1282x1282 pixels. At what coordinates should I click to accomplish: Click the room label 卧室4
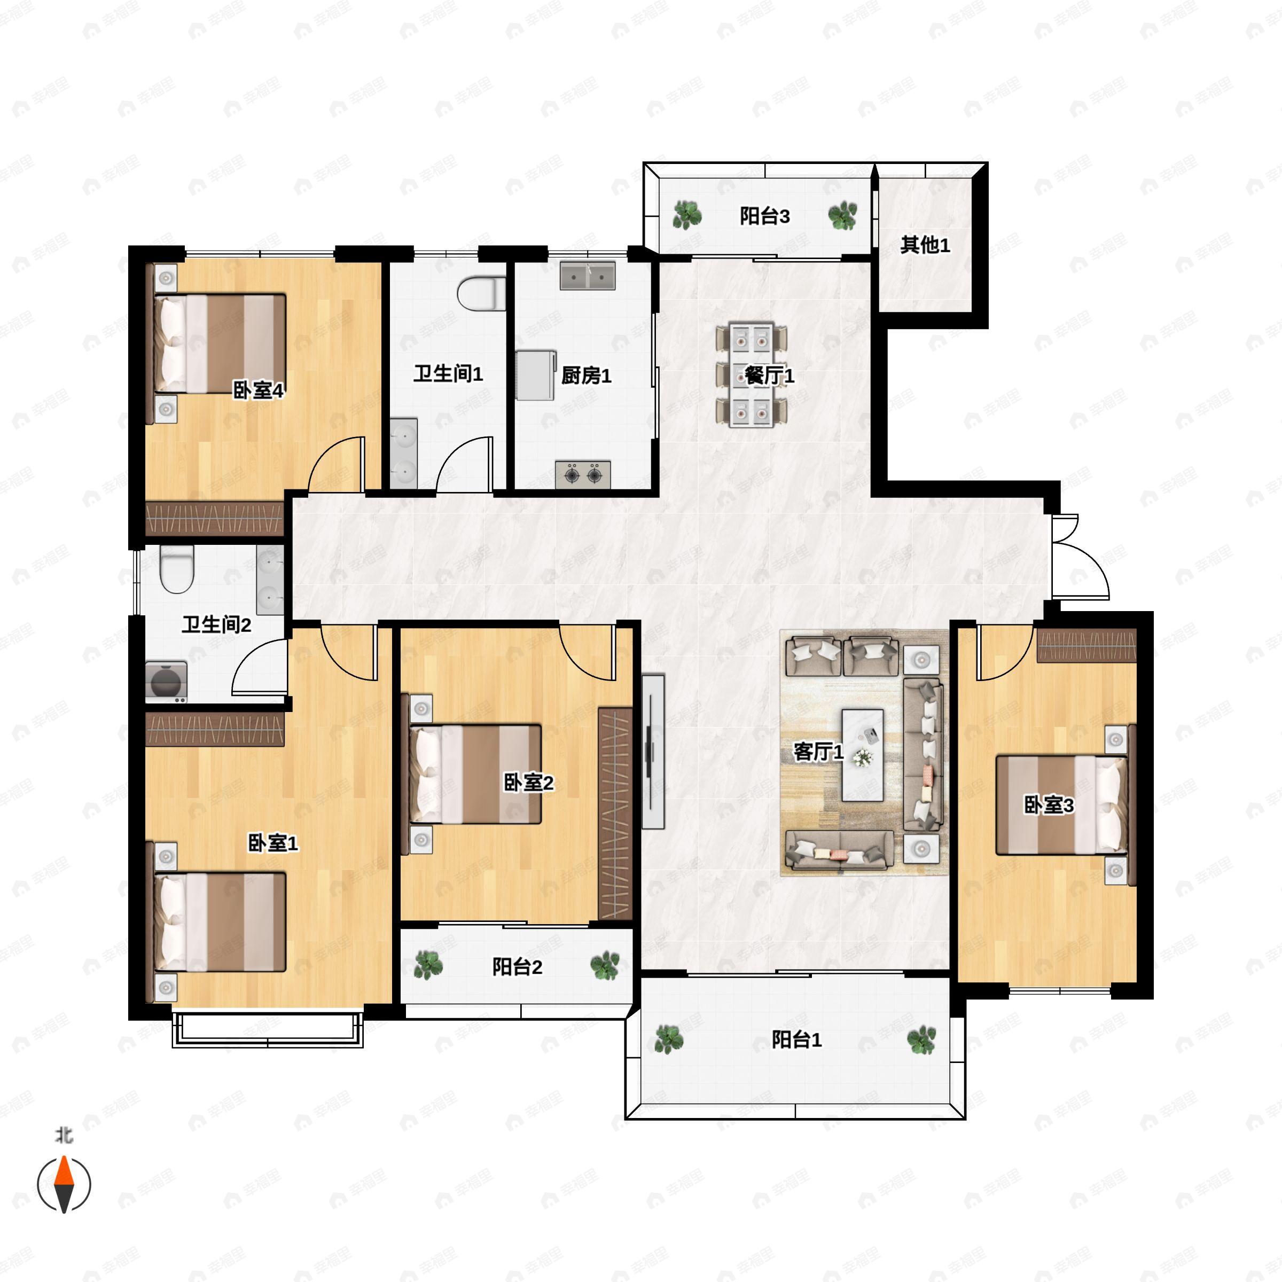click(258, 390)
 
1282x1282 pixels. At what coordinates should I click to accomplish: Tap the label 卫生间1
click(448, 373)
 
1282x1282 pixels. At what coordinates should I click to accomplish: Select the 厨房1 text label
click(586, 376)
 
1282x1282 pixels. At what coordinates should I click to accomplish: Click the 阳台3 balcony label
click(764, 216)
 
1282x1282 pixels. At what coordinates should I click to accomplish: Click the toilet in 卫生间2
click(176, 569)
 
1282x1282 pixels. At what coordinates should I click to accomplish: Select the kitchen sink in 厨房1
click(587, 276)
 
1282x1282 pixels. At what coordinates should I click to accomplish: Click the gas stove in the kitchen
click(583, 474)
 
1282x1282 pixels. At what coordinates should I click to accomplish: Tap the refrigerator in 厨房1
click(536, 376)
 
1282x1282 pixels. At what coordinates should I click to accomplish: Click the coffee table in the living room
click(863, 755)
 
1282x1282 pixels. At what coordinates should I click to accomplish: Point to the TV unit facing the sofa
click(653, 752)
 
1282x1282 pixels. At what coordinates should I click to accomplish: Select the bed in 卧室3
click(1062, 805)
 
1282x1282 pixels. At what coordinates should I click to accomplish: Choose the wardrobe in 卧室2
click(615, 814)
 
